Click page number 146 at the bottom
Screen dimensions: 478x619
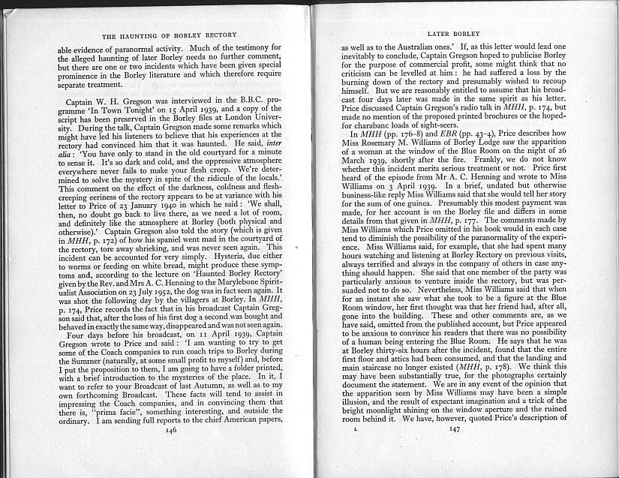click(170, 452)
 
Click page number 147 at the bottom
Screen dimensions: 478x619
click(453, 450)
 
